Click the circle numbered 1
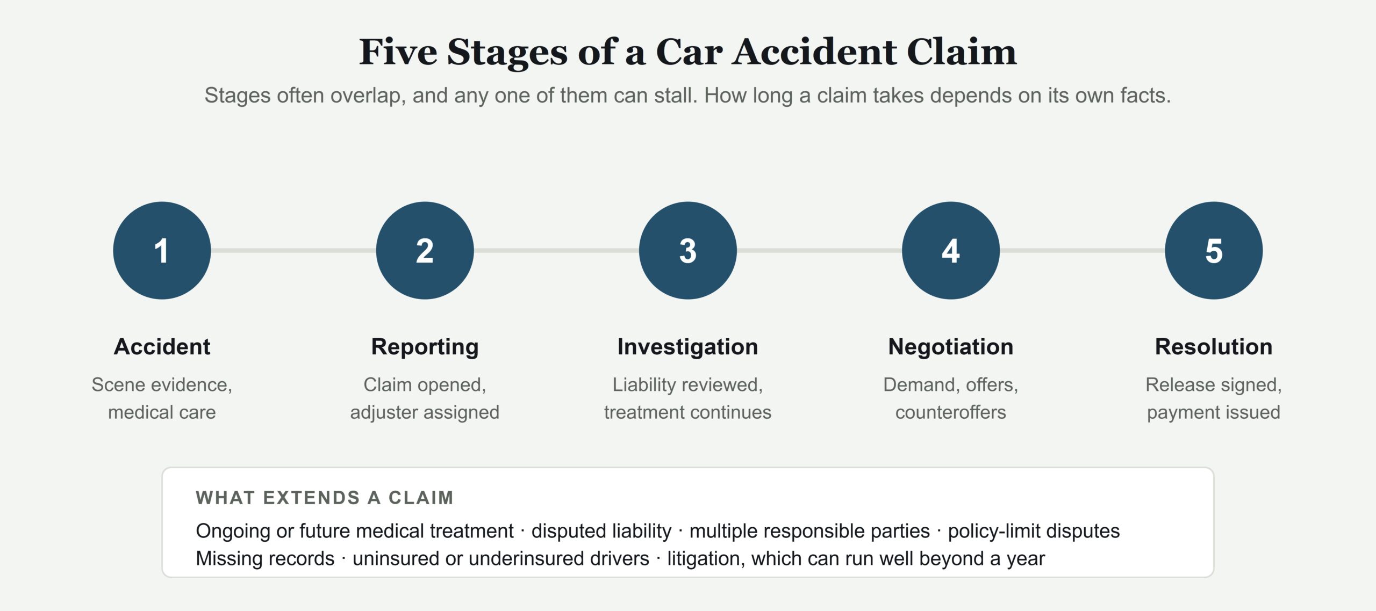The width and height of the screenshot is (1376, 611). [x=162, y=250]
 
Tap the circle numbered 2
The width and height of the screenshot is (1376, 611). [x=425, y=250]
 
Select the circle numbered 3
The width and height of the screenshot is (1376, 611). [x=687, y=250]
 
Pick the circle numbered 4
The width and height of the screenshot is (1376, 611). [x=950, y=250]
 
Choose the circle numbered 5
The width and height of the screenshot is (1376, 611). [x=1214, y=250]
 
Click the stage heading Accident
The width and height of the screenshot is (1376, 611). [x=162, y=347]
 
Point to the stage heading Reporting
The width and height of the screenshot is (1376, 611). [x=425, y=347]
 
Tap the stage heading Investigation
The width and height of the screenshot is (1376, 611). [x=687, y=347]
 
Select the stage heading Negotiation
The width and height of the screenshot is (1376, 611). [x=950, y=347]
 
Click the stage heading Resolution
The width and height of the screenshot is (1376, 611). [x=1214, y=347]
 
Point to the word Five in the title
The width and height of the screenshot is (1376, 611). [x=398, y=52]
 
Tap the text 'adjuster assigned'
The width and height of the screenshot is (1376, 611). [x=425, y=412]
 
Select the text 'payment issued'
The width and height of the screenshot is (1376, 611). [x=1214, y=412]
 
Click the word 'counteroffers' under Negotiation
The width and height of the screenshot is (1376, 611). [x=950, y=412]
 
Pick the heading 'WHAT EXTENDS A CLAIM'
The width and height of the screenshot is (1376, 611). [x=325, y=498]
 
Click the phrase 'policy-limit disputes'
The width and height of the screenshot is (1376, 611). [x=1034, y=531]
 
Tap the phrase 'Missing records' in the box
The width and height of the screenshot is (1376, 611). [x=265, y=558]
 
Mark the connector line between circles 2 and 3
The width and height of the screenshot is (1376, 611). [x=556, y=250]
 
